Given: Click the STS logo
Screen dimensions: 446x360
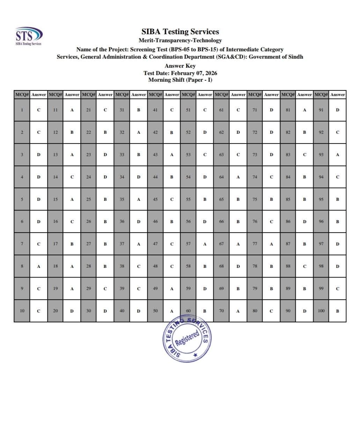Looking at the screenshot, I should (x=29, y=36).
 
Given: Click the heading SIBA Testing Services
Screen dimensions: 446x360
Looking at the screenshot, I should (x=180, y=32).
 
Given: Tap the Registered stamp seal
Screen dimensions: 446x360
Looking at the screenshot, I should (x=187, y=339).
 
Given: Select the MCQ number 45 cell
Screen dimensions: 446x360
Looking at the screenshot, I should (x=155, y=199).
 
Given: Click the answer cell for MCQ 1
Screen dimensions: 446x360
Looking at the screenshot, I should (x=39, y=110).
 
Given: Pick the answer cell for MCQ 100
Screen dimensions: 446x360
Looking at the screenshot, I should (x=337, y=311).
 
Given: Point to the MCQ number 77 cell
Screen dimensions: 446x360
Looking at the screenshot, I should (x=255, y=244).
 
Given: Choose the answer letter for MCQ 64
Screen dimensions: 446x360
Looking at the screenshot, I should (x=238, y=177).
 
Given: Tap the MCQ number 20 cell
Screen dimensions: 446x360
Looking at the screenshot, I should (x=56, y=311).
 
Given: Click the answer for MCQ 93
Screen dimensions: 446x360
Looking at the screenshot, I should (x=337, y=155).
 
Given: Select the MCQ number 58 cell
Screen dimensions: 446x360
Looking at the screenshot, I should (x=188, y=266).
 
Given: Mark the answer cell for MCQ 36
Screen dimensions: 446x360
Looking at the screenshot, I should (x=139, y=221).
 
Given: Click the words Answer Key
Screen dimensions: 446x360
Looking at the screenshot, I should (x=180, y=66).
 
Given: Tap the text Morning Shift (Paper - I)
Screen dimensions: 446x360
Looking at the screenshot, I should (x=180, y=80).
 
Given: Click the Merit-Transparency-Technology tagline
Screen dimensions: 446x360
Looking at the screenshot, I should (x=180, y=41).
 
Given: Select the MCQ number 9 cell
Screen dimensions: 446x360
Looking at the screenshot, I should (x=22, y=288).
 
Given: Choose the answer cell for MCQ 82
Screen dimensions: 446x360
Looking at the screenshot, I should (x=304, y=132).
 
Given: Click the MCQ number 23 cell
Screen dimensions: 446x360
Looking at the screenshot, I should (x=89, y=155).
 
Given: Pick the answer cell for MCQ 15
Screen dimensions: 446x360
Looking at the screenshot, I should (x=72, y=199).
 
